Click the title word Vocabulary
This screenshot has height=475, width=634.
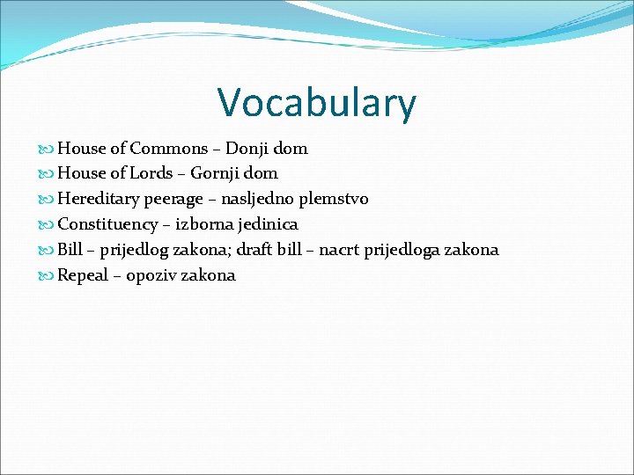pos(317,102)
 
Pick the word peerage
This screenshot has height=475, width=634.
pos(175,200)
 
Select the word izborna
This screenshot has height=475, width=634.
pos(203,224)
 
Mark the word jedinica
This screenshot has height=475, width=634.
pos(268,224)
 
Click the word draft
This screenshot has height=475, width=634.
pos(252,250)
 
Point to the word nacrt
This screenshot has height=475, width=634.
pos(339,250)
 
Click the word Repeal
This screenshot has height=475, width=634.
pos(83,275)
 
